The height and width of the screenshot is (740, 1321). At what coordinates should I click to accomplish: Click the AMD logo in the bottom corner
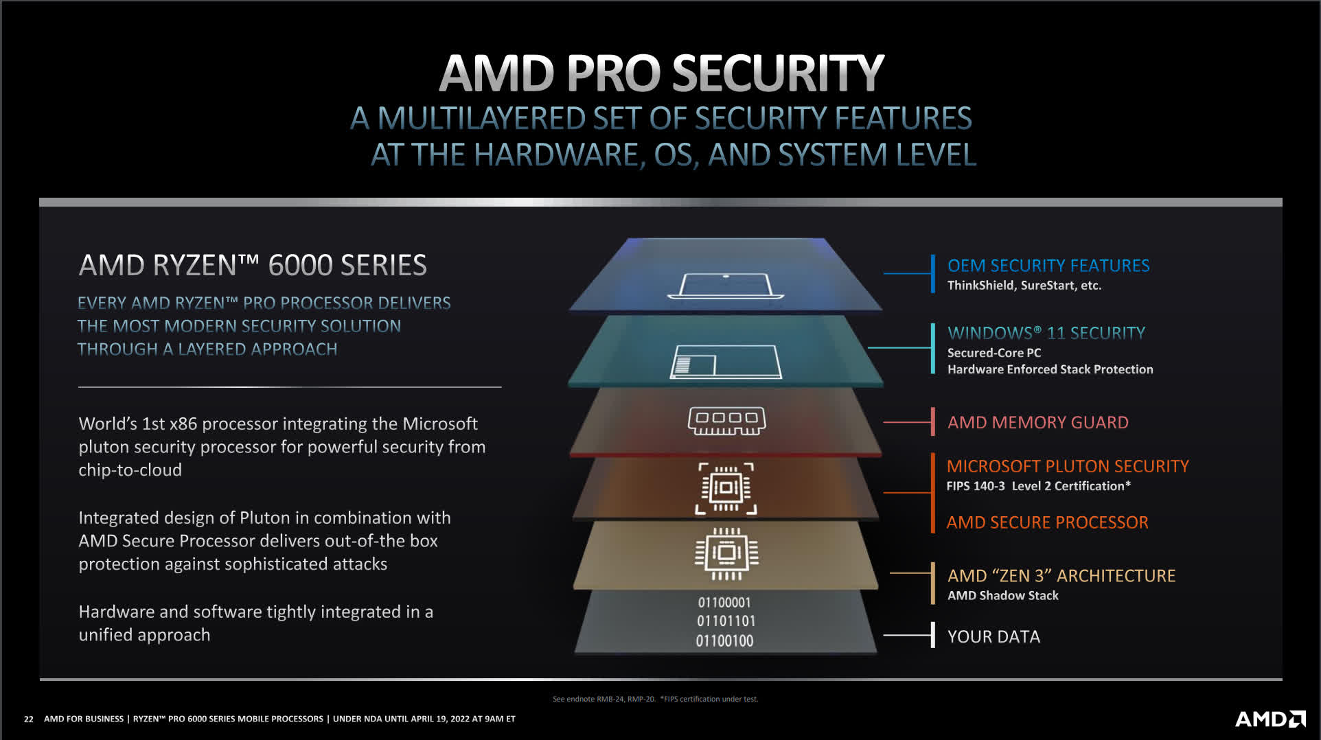(1270, 719)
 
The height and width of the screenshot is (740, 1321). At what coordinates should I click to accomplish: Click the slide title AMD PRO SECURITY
(661, 73)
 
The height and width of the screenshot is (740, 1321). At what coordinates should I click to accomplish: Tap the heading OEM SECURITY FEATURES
(1048, 266)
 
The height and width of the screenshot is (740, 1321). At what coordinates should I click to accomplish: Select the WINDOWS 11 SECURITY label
(1046, 333)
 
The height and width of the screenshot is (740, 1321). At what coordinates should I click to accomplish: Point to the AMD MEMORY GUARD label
(1037, 422)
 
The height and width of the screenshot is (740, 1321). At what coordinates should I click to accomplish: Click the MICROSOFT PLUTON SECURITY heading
(1068, 466)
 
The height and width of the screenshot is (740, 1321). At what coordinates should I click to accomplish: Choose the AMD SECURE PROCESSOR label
(1047, 522)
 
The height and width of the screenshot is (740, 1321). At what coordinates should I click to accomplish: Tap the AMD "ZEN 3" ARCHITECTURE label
(1061, 575)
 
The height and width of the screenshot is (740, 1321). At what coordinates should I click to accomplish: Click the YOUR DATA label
(993, 636)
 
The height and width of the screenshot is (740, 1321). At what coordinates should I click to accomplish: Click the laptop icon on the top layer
(726, 286)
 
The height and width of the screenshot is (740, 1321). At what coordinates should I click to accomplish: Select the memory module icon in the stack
(726, 421)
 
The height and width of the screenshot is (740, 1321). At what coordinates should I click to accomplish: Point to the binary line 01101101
(726, 621)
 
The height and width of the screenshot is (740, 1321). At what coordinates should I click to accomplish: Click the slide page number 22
(28, 719)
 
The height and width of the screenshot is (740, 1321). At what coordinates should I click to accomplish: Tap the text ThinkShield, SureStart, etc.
(1024, 286)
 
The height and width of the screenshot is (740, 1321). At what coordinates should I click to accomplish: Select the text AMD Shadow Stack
(1003, 595)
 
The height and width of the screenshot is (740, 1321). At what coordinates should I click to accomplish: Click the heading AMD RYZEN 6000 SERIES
(253, 265)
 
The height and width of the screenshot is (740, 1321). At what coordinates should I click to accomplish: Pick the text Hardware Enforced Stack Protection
(1050, 369)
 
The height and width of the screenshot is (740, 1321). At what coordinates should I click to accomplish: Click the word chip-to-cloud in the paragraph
(130, 470)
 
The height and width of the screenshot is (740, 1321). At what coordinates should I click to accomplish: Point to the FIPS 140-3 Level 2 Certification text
(1038, 486)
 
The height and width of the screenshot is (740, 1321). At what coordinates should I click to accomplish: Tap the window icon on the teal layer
(726, 362)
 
